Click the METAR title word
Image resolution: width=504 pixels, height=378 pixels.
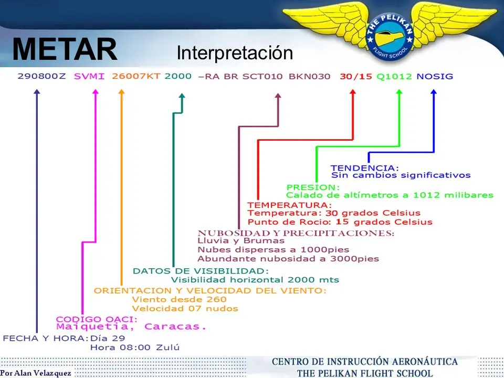(x=65, y=50)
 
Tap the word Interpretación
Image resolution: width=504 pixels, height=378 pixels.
(x=234, y=53)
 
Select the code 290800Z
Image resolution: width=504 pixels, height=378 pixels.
(x=41, y=76)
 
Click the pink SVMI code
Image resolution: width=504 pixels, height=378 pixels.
(x=89, y=76)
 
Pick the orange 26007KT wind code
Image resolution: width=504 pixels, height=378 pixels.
(x=136, y=76)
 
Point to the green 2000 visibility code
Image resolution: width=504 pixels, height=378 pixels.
(x=178, y=76)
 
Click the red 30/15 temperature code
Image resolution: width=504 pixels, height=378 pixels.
(x=356, y=76)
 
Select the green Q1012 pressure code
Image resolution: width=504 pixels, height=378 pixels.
(x=394, y=76)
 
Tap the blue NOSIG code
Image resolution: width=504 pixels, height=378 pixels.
(x=435, y=76)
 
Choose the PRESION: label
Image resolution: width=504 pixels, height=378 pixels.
(x=313, y=187)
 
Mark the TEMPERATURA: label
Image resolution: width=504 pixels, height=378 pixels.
(x=289, y=205)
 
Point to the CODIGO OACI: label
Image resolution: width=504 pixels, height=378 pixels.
(x=97, y=319)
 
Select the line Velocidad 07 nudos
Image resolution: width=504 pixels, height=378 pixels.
(x=185, y=308)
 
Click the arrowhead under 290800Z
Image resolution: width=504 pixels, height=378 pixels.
(x=37, y=92)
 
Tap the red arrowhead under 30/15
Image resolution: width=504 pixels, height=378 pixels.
(x=353, y=92)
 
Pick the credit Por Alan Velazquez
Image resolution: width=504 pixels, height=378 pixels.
(x=35, y=373)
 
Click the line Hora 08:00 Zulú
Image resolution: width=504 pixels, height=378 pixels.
(x=135, y=347)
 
